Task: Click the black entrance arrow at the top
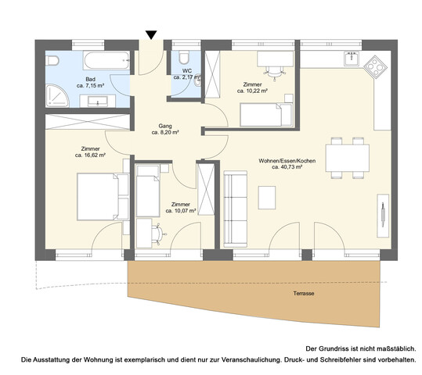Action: point(151,34)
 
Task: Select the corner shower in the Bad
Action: point(55,95)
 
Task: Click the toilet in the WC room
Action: point(182,58)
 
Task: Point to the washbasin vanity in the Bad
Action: point(100,100)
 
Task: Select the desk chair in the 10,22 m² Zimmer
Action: point(272,74)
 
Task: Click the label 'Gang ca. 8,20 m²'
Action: point(165,129)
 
